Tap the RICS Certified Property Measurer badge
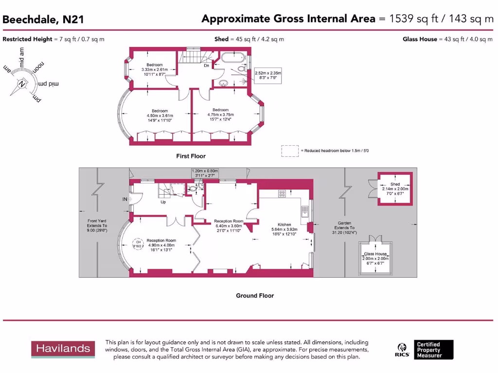[425, 350]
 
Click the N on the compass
[21, 84]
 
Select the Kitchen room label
[285, 225]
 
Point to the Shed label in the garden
[395, 185]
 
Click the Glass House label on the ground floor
[375, 254]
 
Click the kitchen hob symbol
[282, 194]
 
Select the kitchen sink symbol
[304, 210]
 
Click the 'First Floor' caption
[191, 156]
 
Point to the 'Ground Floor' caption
[255, 296]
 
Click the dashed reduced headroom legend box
[290, 151]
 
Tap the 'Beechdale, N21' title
[43, 20]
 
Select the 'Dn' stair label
[206, 66]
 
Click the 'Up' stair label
[163, 202]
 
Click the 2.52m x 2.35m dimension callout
[268, 75]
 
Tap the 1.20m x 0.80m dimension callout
[205, 173]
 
